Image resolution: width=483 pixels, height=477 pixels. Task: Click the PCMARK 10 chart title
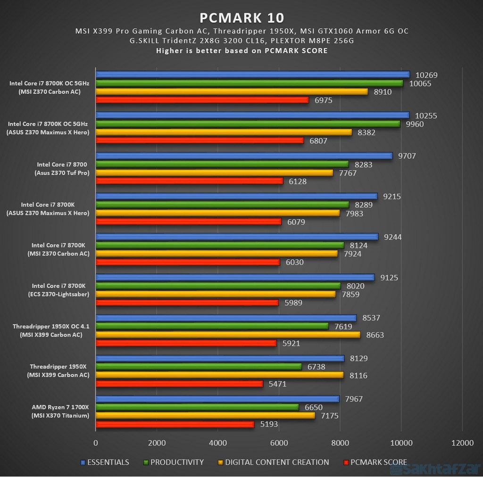241,17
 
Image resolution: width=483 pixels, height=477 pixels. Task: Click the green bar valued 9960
248,124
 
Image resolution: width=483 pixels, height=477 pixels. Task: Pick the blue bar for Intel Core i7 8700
244,156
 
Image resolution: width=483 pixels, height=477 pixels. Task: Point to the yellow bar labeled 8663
228,335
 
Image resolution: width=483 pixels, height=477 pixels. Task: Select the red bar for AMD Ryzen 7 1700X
175,424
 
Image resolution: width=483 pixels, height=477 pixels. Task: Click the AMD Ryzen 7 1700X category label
60,411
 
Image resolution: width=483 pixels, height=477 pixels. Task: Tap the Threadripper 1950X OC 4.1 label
50,330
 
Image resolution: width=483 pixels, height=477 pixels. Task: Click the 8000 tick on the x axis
340,443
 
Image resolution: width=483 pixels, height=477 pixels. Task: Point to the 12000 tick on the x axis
462,443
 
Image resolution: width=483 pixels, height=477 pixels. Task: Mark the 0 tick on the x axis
96,443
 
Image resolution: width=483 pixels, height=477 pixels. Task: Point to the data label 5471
277,384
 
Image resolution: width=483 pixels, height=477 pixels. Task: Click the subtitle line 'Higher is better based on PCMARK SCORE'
241,50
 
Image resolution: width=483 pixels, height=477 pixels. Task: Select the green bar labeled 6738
199,367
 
